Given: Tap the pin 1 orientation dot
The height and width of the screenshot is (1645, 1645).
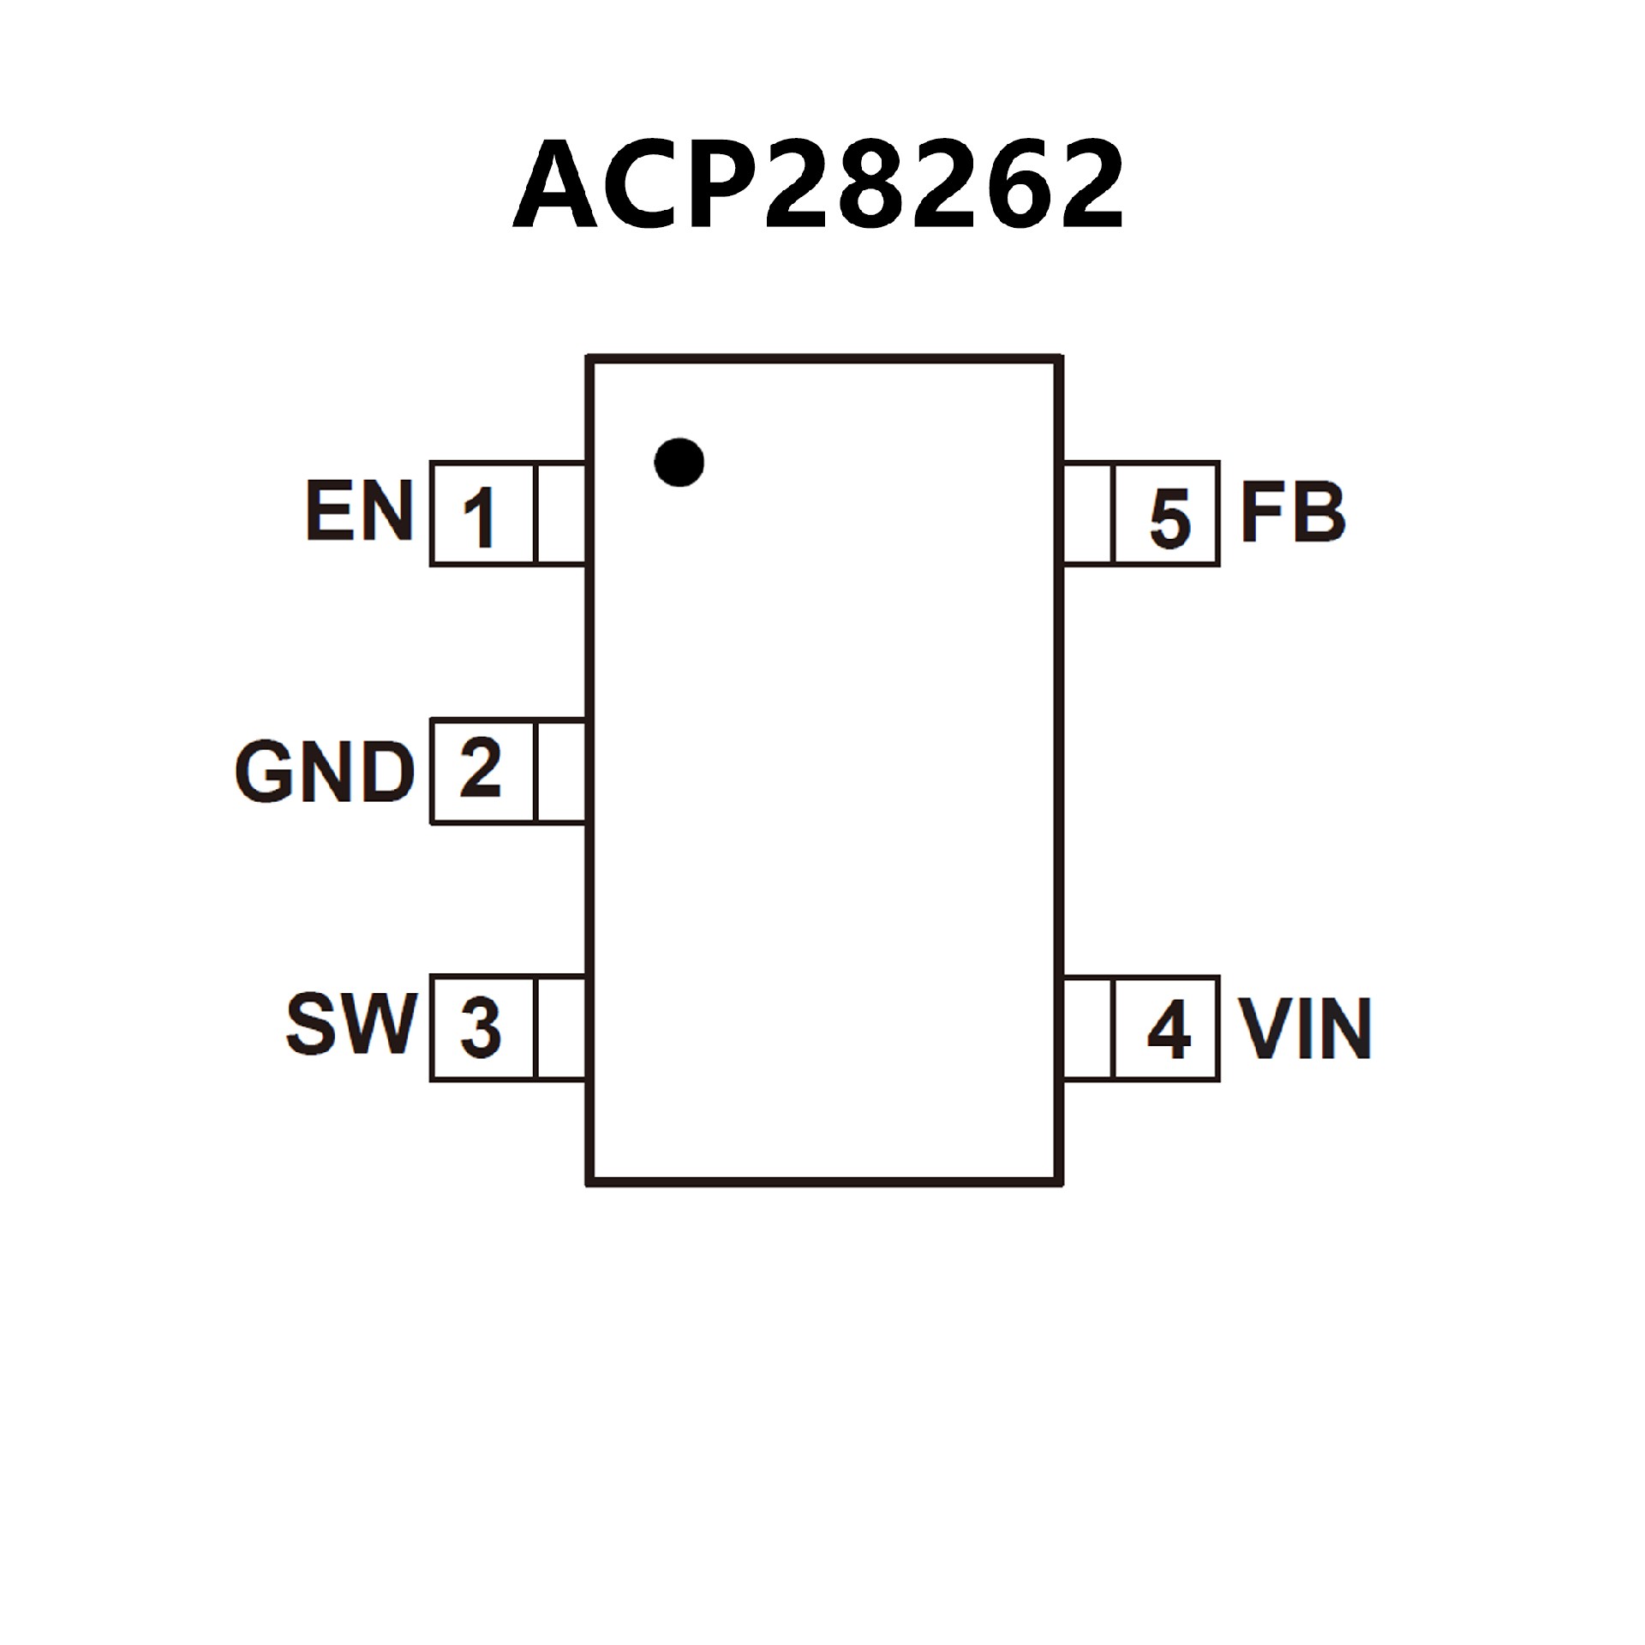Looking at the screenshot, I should tap(679, 463).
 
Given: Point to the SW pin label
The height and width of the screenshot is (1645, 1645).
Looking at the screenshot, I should tap(351, 1026).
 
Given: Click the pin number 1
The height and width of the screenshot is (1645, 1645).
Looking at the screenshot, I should tap(480, 517).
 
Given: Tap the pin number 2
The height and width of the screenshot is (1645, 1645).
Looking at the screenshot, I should tap(480, 769).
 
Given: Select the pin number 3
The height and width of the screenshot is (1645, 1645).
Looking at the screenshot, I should tap(480, 1027).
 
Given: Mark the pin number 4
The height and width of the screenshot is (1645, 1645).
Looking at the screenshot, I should tap(1169, 1028).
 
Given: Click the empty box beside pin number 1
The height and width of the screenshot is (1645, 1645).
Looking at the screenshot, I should tap(560, 514).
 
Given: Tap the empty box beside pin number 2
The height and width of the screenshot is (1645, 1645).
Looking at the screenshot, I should tap(560, 771).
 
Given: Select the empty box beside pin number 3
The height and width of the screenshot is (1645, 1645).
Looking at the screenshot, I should tap(560, 1027).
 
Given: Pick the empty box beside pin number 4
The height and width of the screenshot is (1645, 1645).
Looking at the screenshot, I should tap(1088, 1027).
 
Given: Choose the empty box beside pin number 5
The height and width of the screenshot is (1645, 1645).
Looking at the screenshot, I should tap(1088, 514).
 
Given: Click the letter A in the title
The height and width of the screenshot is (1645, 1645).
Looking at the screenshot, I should tap(554, 186).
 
